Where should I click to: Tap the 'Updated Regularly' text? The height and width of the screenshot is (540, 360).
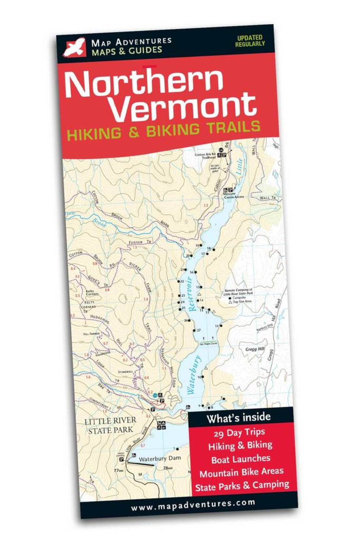[x=250, y=41]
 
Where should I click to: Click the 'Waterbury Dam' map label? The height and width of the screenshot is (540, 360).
[x=159, y=459]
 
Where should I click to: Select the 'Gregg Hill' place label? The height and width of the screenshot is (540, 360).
[x=255, y=349]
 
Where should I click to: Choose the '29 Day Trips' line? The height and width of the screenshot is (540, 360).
[x=239, y=433]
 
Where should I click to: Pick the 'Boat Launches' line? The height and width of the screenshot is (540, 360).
[x=241, y=459]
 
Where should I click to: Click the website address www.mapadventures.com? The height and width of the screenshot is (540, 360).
[x=193, y=505]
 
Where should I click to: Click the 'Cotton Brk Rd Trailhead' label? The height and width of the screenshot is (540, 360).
[x=205, y=156]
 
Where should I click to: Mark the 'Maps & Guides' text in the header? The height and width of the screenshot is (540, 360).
[x=127, y=50]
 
